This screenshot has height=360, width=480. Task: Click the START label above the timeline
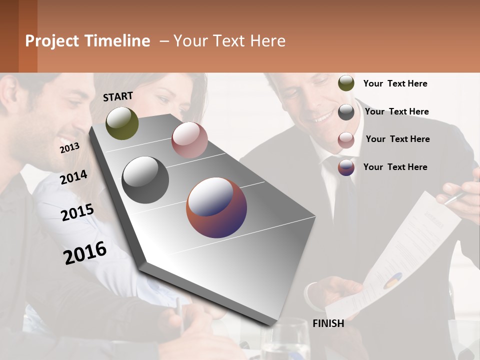tap(118, 96)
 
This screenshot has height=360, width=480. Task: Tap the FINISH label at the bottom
tap(328, 323)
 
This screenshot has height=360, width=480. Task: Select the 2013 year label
tap(69, 147)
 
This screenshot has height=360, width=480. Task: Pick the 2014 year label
tap(73, 177)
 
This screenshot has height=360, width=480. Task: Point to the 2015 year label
tap(77, 212)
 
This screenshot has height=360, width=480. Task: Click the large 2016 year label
tap(85, 252)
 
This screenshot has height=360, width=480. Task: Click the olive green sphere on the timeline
tap(122, 123)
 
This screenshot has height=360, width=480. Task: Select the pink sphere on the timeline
tap(189, 139)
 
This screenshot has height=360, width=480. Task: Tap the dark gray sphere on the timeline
tap(145, 179)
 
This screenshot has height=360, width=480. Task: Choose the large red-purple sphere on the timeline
tap(216, 207)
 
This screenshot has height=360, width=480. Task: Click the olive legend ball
tap(346, 83)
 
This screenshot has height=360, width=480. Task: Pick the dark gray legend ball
tap(346, 112)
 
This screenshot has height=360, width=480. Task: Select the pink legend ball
tap(346, 140)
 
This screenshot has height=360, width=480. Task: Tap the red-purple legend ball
tap(346, 167)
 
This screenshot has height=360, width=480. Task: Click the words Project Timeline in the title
tap(87, 41)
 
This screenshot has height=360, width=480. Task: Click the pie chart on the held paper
tap(392, 281)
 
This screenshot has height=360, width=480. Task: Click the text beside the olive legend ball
tap(395, 83)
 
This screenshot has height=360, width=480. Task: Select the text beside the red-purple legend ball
tap(395, 167)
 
